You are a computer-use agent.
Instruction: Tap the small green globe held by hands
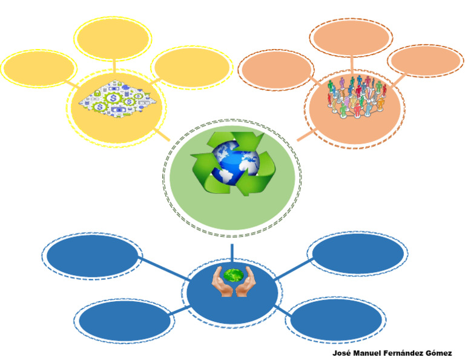click(x=232, y=275)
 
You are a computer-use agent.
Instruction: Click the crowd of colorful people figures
click(x=356, y=97)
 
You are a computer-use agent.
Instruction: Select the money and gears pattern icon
click(x=115, y=92)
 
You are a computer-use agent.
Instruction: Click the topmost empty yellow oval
click(x=113, y=38)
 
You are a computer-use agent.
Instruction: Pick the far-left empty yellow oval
click(x=39, y=68)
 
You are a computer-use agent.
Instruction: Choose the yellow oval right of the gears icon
click(x=191, y=67)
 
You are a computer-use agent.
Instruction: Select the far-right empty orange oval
click(x=424, y=62)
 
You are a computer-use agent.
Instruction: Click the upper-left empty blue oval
click(x=93, y=256)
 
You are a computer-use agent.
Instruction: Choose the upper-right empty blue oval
click(x=356, y=253)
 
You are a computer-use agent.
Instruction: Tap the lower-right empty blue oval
click(x=334, y=319)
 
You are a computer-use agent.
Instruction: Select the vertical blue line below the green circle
click(x=232, y=252)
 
